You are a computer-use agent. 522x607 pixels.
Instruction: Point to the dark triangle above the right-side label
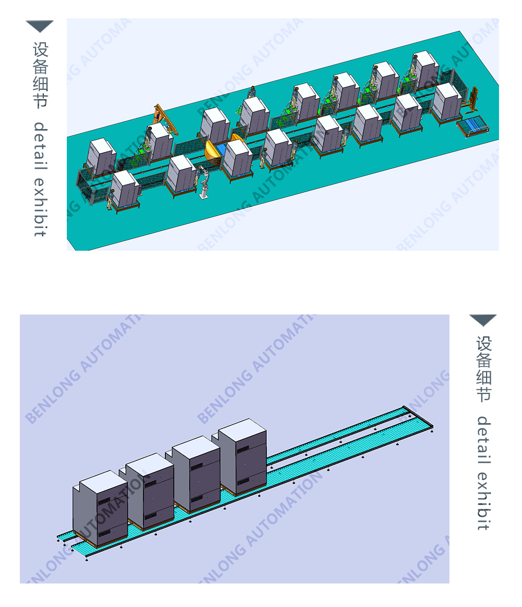(483, 320)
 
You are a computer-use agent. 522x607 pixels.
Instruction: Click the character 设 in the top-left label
(41, 50)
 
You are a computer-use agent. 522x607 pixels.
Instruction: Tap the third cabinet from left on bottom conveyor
(196, 473)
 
